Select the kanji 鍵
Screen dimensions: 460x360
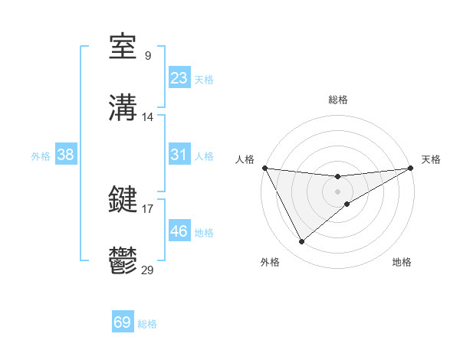pos(123,200)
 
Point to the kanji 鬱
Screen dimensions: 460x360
pos(123,260)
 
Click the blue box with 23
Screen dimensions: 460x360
pos(179,77)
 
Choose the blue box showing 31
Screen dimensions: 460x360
pos(179,154)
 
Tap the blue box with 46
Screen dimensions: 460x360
pos(179,231)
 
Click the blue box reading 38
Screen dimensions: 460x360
pos(66,154)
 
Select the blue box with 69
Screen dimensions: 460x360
pos(123,322)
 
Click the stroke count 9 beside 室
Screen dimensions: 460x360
pos(148,56)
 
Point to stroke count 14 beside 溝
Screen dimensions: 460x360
pos(148,117)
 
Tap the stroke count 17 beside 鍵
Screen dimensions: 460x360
pos(148,208)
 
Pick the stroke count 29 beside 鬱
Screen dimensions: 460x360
pos(148,269)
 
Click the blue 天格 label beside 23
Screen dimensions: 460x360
pos(204,80)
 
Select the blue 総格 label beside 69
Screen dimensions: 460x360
pos(147,324)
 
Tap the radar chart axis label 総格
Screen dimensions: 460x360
pos(337,100)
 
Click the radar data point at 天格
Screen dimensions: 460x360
pos(411,169)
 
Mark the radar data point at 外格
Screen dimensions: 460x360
pos(301,242)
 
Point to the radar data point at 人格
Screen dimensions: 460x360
pos(264,168)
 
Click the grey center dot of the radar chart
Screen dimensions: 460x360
pos(337,191)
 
